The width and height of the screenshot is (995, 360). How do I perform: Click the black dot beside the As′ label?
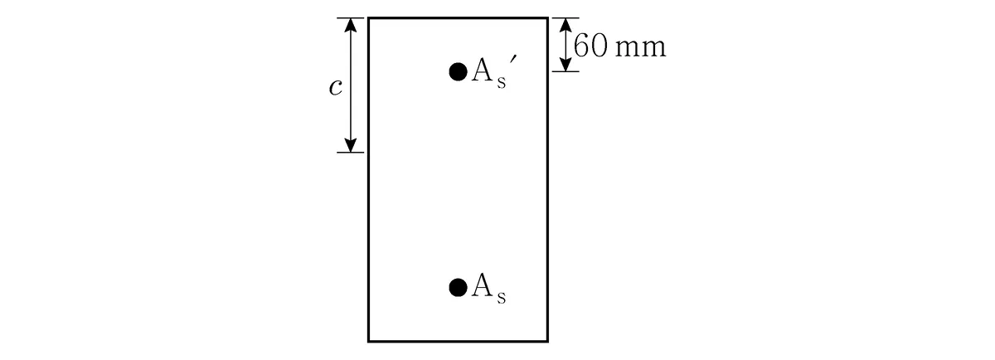[x=458, y=72]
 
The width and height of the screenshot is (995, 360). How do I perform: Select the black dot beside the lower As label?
[x=458, y=288]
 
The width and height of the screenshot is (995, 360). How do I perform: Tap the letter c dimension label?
[x=336, y=88]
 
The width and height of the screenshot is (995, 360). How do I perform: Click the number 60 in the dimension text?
[x=590, y=46]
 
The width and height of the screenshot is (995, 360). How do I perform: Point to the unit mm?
[x=641, y=49]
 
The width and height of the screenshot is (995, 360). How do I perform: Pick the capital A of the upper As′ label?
[x=482, y=71]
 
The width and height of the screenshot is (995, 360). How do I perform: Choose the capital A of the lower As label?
[x=482, y=286]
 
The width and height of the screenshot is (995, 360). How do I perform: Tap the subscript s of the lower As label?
[x=502, y=297]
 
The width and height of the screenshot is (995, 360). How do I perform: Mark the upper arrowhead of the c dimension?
[x=351, y=25]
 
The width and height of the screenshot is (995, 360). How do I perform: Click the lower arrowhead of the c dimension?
[x=351, y=145]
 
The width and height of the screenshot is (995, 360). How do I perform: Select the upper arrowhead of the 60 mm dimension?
[x=565, y=25]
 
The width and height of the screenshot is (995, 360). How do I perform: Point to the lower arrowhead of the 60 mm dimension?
[x=565, y=65]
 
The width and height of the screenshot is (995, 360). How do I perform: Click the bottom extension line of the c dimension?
[x=350, y=153]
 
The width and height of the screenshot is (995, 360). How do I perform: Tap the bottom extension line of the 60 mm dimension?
[x=565, y=71]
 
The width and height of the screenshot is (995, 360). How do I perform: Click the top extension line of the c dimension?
[x=350, y=17]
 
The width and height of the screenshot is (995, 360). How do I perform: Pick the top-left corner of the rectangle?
[x=368, y=17]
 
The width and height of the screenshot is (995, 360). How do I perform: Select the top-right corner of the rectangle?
[x=548, y=17]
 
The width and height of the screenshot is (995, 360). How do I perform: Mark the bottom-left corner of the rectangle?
[x=368, y=341]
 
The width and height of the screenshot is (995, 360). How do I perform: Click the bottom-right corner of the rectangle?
[x=548, y=341]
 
